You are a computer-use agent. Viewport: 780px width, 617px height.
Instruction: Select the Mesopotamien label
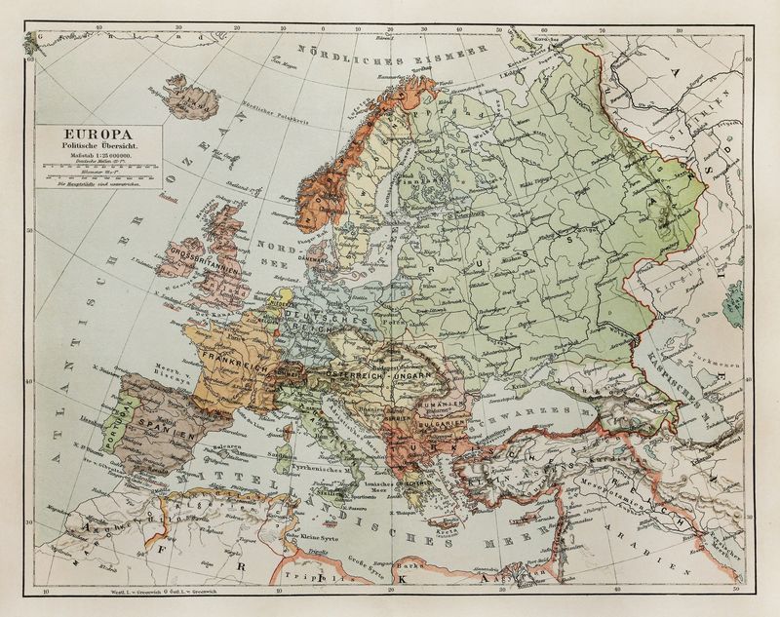[667, 501]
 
